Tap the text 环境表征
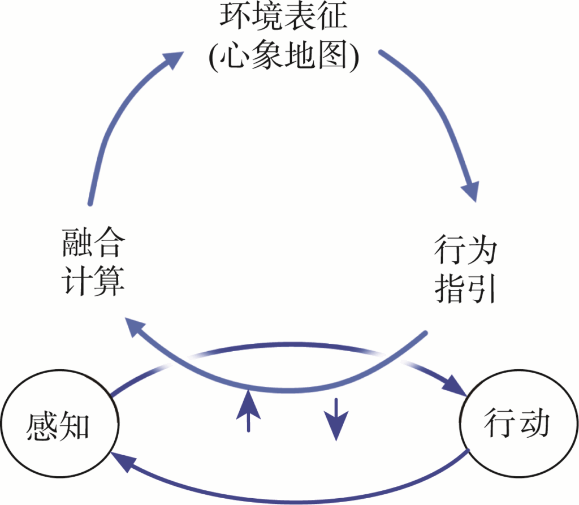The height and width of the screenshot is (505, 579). click(283, 20)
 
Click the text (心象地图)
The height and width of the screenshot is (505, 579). click(283, 56)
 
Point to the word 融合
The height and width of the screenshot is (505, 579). click(93, 244)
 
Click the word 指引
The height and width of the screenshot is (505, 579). click(465, 287)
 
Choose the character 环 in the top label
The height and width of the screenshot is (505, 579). click(234, 20)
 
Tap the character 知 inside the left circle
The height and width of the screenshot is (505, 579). click(75, 426)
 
